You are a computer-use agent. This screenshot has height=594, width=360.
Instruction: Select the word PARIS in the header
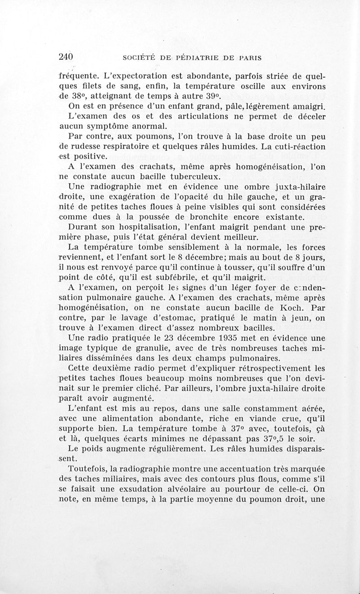point(251,58)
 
